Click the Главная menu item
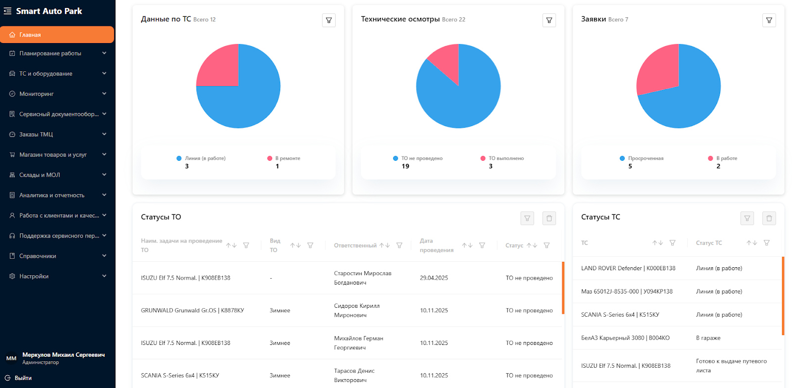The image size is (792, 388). tap(57, 35)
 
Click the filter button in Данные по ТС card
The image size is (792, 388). tap(329, 20)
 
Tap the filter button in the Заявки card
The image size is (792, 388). tap(769, 20)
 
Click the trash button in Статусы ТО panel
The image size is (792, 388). tap(549, 218)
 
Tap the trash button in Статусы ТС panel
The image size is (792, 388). tap(769, 218)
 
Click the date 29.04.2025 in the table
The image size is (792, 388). tap(434, 278)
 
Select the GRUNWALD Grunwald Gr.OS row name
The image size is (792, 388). tap(193, 310)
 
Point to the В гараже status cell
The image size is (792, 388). tap(708, 338)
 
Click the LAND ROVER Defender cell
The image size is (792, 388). tap(628, 268)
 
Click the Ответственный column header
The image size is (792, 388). tap(355, 245)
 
